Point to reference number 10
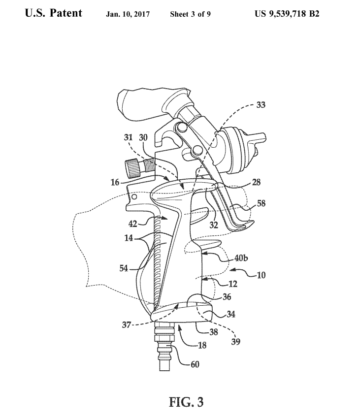click(261, 275)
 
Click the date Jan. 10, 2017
click(129, 14)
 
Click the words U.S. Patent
click(54, 13)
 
